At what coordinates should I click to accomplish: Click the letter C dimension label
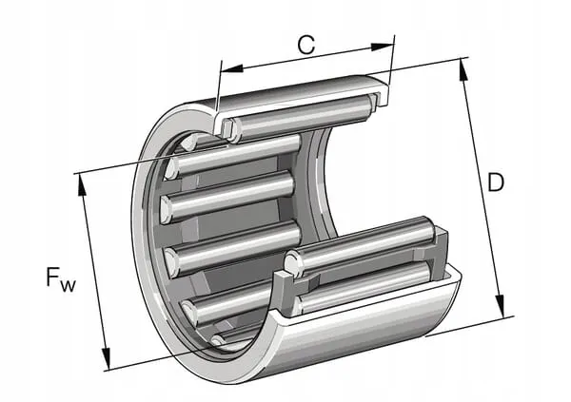coord(305,45)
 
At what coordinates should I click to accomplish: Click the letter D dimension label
coord(496,182)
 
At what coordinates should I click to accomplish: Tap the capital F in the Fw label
coord(52,277)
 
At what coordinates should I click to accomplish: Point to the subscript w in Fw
coord(69,286)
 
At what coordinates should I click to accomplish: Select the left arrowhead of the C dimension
coord(232,68)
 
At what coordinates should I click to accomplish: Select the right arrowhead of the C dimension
coord(382,47)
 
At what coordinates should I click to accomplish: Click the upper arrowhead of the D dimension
coord(463,69)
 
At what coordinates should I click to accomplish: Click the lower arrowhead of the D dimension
coord(501,306)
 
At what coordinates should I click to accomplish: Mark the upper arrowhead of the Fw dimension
coord(82,185)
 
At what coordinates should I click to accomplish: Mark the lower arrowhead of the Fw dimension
coord(106,358)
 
